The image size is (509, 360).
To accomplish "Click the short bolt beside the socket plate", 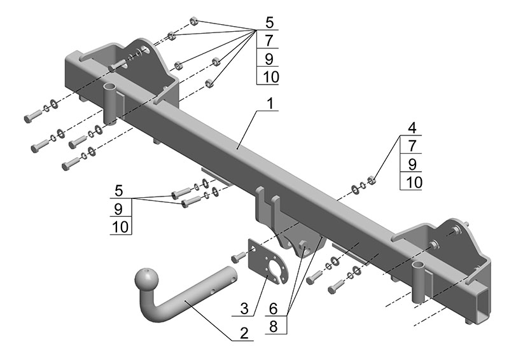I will pos(239,257).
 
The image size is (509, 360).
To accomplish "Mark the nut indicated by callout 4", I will pos(372,181).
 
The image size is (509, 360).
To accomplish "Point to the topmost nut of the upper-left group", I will pos(193,22).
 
